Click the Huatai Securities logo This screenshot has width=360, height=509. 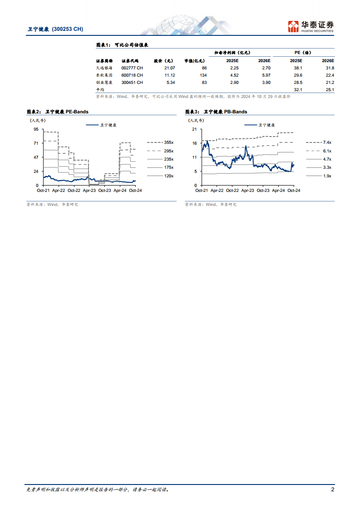point(311,26)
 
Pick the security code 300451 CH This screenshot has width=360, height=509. point(132,82)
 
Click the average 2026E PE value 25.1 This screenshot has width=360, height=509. point(330,90)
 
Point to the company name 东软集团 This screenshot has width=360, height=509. point(103,75)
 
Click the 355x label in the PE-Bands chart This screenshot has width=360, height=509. point(169,142)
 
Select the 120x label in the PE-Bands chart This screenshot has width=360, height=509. point(169,176)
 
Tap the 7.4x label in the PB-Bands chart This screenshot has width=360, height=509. point(327,142)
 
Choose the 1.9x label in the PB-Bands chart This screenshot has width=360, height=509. point(327,176)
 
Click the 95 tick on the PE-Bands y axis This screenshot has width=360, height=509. point(36,129)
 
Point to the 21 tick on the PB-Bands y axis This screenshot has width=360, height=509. point(194,129)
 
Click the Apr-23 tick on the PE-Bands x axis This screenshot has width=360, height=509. point(89,191)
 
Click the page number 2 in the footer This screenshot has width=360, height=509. point(333,489)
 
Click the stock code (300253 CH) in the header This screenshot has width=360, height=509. point(68,29)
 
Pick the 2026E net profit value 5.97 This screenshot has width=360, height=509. point(264,75)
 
